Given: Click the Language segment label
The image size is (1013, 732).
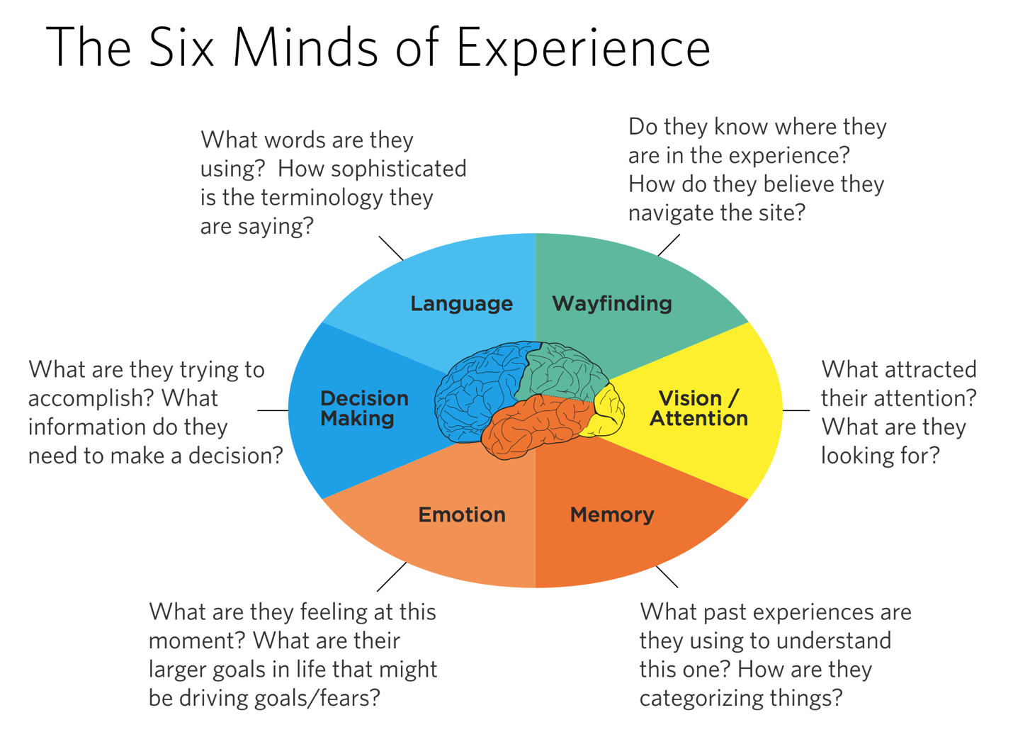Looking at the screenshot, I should pyautogui.click(x=461, y=304).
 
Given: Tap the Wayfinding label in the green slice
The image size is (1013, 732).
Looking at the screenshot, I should pyautogui.click(x=612, y=304).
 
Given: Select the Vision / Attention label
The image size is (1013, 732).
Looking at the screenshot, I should pyautogui.click(x=698, y=408).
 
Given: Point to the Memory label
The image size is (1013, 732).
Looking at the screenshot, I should pyautogui.click(x=612, y=514).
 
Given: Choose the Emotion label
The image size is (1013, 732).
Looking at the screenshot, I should pyautogui.click(x=462, y=514).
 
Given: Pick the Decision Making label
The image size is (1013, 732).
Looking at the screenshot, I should pyautogui.click(x=364, y=408).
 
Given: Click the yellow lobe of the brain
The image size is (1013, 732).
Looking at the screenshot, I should pyautogui.click(x=609, y=411).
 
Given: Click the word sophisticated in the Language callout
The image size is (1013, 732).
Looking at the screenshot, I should pyautogui.click(x=399, y=169).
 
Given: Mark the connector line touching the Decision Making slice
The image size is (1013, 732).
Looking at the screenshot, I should pyautogui.click(x=273, y=410).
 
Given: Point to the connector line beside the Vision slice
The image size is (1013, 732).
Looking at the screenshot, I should pyautogui.click(x=796, y=410).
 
